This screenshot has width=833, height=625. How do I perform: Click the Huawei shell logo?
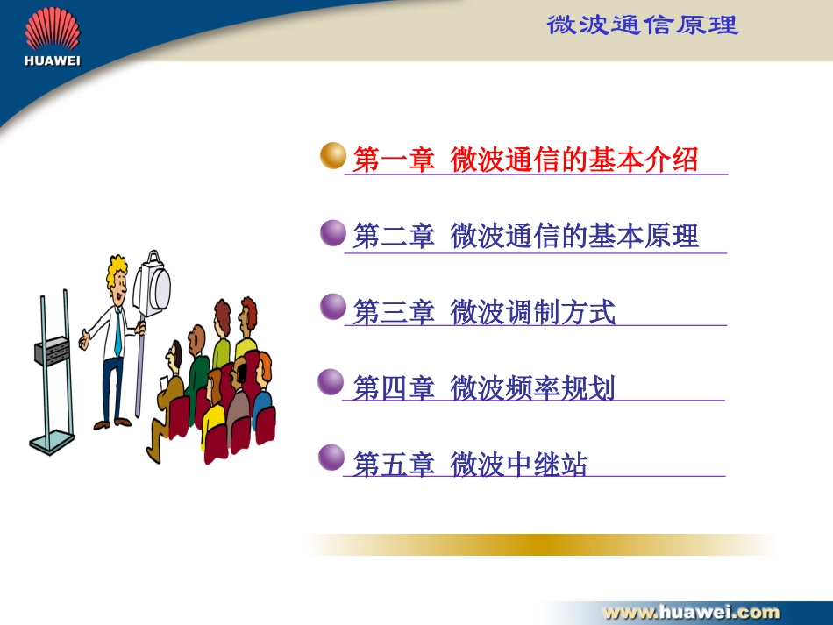pos(52,29)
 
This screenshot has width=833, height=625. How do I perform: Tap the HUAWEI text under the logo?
pos(52,60)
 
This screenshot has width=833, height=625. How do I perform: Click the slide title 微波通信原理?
pos(642,25)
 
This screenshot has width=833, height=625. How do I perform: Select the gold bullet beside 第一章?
pos(333,155)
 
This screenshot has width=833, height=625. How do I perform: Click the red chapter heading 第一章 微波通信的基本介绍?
pos(525,160)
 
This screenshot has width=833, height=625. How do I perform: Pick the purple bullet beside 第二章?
pos(333,233)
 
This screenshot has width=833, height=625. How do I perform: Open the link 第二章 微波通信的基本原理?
pos(525,237)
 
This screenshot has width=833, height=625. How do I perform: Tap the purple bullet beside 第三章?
pos(333,307)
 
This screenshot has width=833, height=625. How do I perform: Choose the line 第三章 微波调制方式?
pos(484,312)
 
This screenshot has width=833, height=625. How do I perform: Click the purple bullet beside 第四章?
pos(331,382)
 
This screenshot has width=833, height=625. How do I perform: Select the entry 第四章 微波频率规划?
pos(484,387)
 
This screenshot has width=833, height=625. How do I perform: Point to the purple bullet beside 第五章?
pos(331,458)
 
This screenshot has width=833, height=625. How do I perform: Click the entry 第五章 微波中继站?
pos(470,464)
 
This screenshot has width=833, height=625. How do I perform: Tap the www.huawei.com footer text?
pos(691,612)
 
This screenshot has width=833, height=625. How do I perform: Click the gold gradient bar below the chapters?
pos(542,545)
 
